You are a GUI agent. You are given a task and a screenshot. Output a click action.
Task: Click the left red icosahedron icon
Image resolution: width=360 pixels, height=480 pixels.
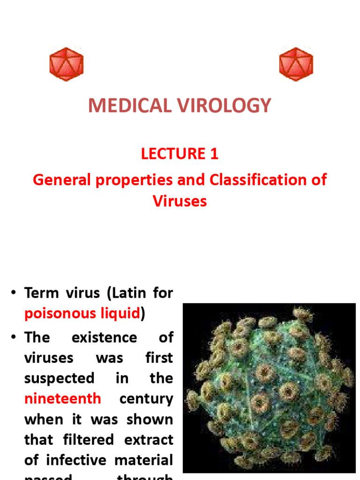66,64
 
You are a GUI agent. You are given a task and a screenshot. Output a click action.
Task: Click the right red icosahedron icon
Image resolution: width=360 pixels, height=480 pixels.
296,64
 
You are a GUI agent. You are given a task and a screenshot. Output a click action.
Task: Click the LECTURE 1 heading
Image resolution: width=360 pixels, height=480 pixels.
180,154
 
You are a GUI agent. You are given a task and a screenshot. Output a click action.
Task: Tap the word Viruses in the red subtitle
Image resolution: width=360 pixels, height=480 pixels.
180,201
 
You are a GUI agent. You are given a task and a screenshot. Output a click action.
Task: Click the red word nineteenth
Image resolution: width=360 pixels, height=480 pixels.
62,399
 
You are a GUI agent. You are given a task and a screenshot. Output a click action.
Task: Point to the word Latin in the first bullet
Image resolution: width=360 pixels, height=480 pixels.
131,293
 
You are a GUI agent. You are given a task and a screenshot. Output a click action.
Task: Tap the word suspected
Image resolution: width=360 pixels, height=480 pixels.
59,378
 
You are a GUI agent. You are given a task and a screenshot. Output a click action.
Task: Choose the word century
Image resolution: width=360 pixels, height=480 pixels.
146,399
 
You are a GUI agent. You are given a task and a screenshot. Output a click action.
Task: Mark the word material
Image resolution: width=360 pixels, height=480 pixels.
145,460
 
